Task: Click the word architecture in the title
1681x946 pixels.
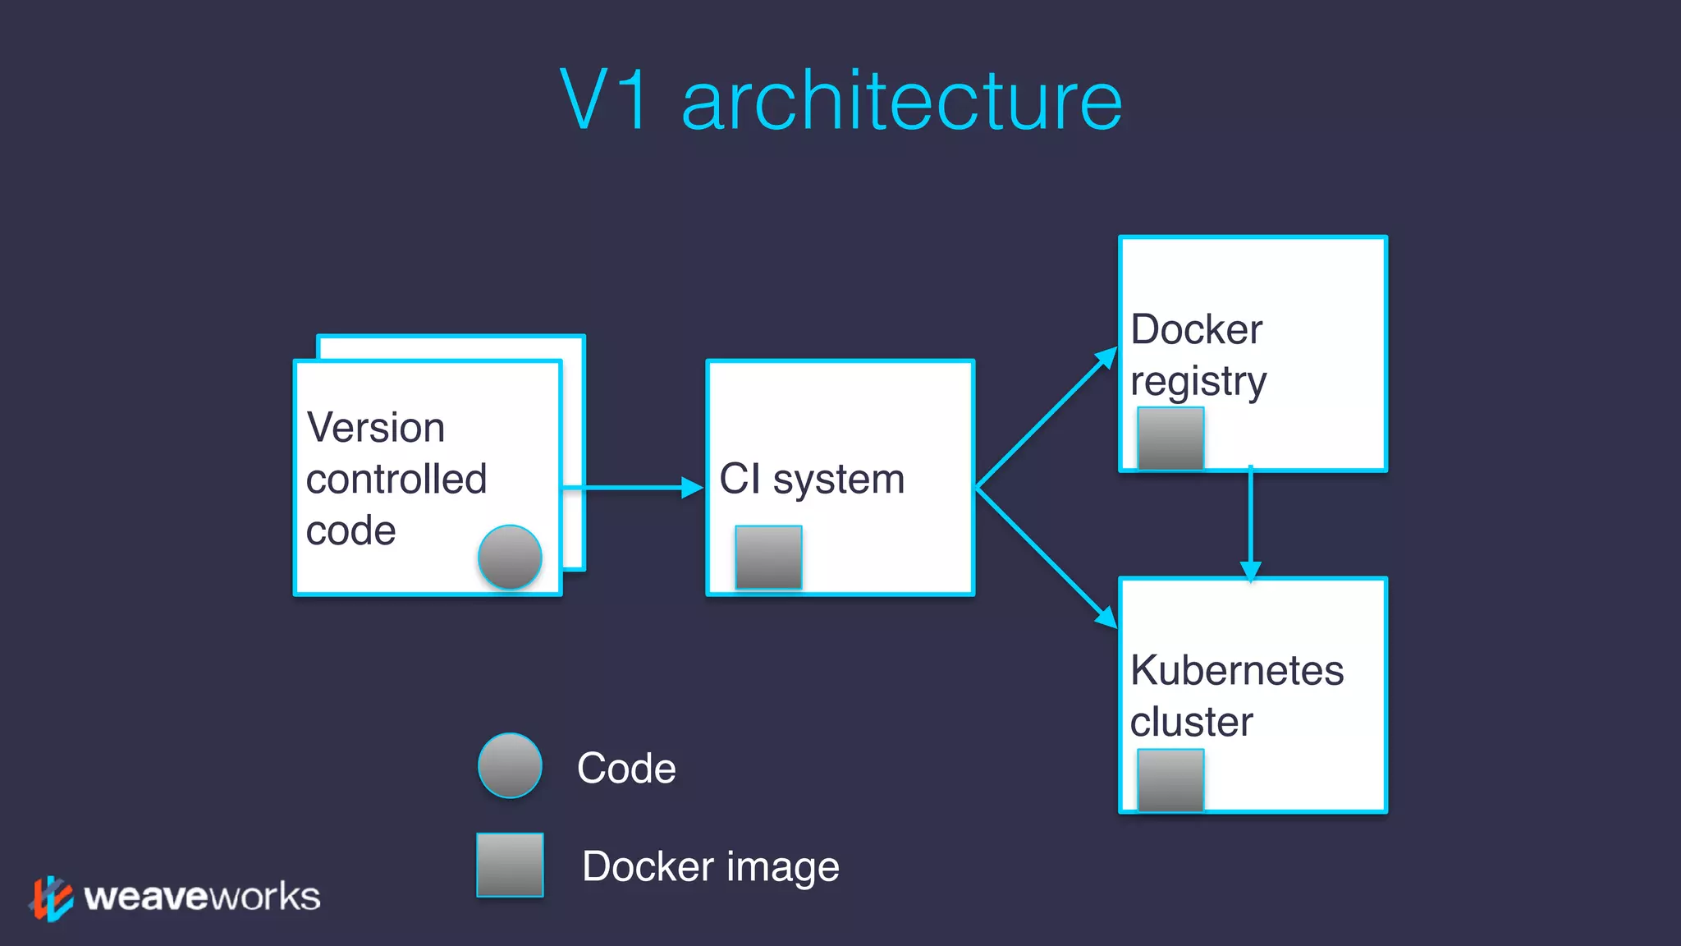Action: coord(901,102)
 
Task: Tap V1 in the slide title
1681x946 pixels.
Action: coord(605,100)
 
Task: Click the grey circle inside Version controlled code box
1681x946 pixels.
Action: coord(510,558)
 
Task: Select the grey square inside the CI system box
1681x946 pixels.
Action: coord(768,557)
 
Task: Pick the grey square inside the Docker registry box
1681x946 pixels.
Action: coord(1170,439)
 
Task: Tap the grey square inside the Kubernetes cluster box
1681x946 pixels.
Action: coord(1170,780)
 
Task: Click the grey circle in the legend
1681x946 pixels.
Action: coord(510,765)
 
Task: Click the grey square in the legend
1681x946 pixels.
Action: coord(510,866)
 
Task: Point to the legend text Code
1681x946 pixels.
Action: coord(626,769)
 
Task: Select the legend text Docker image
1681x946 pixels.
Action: coord(710,867)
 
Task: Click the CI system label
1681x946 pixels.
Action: coord(812,480)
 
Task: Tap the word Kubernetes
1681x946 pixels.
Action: coord(1237,670)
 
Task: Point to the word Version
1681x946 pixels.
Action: coord(375,428)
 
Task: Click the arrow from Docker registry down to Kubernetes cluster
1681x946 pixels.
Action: coord(1250,521)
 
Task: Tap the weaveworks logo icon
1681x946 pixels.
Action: coord(51,898)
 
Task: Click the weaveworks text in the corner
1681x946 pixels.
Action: coord(202,897)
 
